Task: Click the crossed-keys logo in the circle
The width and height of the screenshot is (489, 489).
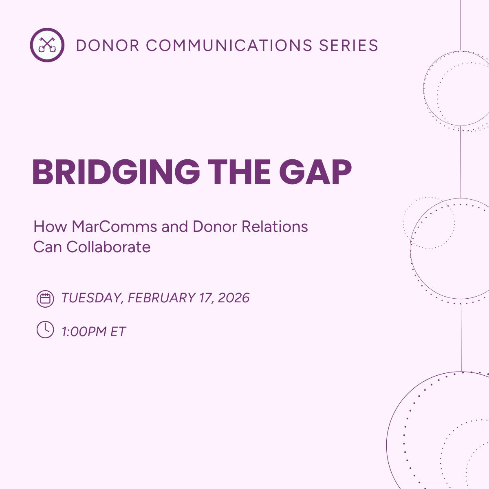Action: [47, 45]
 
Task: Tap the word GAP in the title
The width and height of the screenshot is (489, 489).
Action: [315, 172]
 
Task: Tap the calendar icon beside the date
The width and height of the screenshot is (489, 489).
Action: [45, 299]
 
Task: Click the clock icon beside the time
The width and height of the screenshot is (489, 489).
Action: [45, 330]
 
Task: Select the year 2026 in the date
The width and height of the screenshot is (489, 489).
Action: [233, 298]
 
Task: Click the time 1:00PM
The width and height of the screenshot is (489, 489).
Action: [84, 332]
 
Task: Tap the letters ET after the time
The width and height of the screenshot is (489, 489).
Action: [118, 332]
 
